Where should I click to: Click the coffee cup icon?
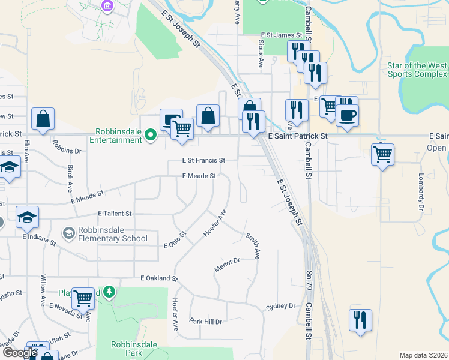[x=347, y=114]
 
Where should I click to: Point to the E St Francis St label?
[x=203, y=161]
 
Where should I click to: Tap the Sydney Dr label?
[x=281, y=307]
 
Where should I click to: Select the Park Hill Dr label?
[x=206, y=322]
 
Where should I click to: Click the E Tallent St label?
[x=115, y=214]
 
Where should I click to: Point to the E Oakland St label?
[x=159, y=279]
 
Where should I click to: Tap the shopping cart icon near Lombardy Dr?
[x=382, y=154]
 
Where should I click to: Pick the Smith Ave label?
[x=252, y=245]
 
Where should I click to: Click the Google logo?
[x=20, y=352]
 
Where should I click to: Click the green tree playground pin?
[x=109, y=292]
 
